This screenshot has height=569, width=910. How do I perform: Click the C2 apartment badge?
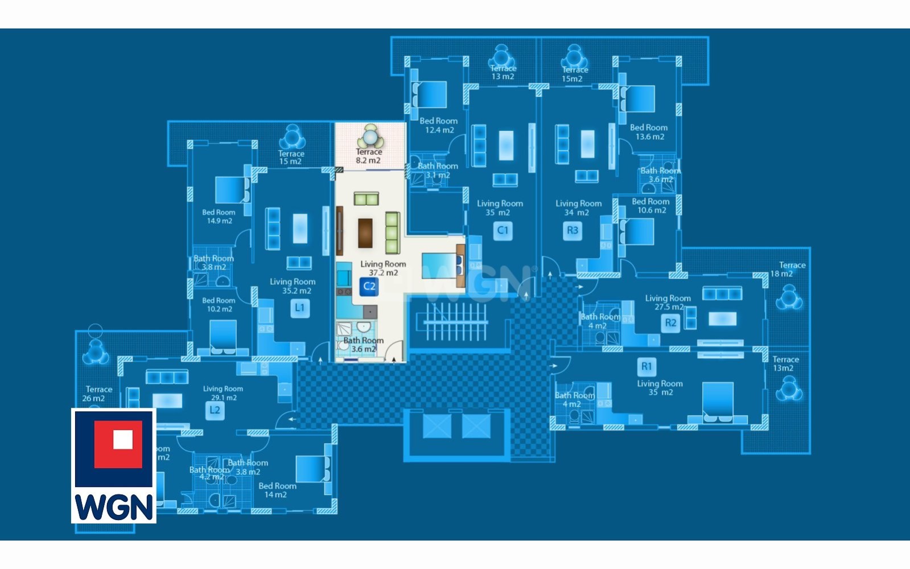click(369, 286)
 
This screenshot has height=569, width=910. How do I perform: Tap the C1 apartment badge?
click(503, 231)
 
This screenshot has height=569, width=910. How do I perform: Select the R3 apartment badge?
click(573, 231)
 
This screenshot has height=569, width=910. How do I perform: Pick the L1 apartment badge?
click(299, 308)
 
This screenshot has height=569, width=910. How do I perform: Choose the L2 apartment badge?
click(215, 410)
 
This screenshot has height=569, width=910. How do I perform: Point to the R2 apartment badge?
click(671, 323)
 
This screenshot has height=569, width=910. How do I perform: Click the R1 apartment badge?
click(647, 366)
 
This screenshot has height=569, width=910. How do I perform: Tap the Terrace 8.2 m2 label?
click(368, 156)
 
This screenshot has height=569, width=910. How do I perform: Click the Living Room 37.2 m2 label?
click(383, 268)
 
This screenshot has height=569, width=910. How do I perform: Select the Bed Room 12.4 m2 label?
click(439, 125)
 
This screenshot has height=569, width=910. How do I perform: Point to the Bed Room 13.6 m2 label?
click(649, 132)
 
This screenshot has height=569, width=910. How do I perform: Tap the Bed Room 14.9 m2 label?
click(219, 216)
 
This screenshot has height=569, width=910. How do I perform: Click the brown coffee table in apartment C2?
click(365, 233)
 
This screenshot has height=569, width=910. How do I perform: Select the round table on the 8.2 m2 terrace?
click(370, 137)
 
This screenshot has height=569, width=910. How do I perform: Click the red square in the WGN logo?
click(119, 444)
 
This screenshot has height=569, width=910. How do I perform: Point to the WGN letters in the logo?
click(114, 506)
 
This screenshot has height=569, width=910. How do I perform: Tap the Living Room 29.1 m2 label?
click(223, 393)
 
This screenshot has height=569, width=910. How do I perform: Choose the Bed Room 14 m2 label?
click(277, 490)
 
